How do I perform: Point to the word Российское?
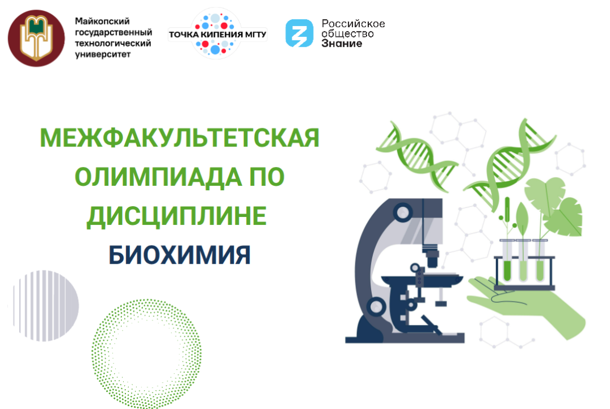pos(353,24)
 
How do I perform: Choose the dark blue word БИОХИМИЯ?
pos(179,255)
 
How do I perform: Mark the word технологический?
pos(113,43)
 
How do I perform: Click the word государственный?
pos(113,32)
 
